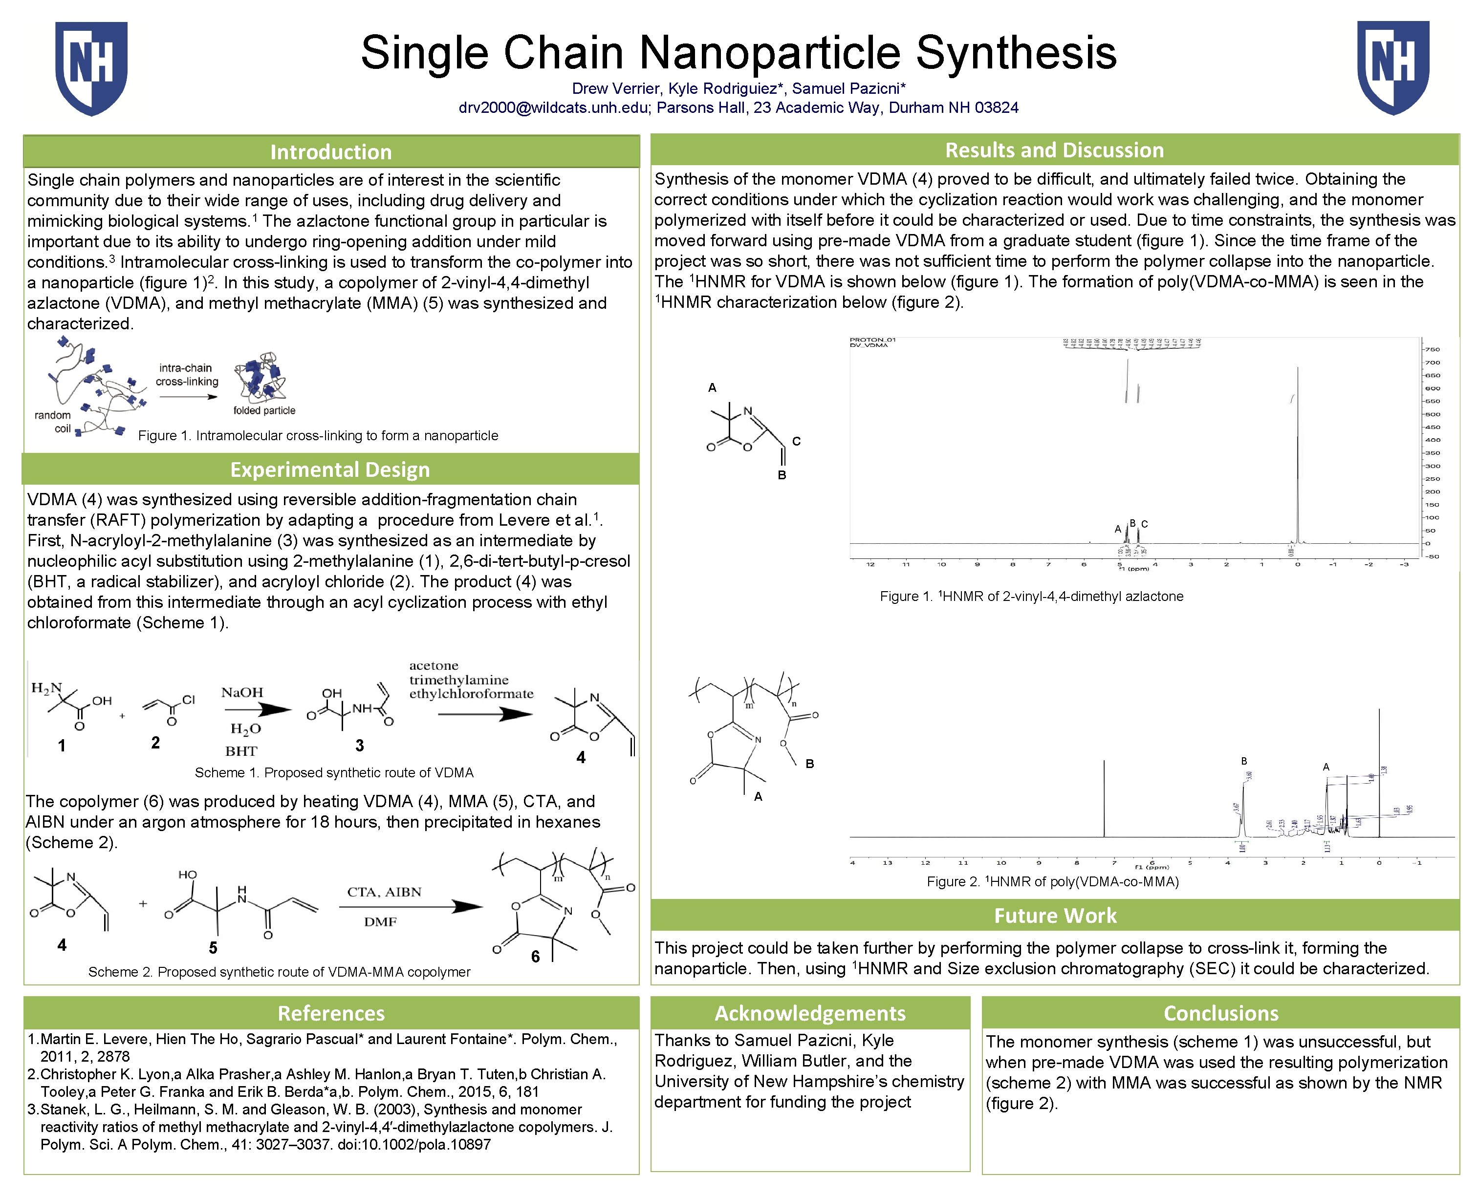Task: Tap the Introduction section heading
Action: (331, 151)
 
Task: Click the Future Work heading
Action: (1055, 915)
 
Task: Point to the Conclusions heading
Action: (1220, 1013)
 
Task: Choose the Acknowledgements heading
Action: (810, 1013)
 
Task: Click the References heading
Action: (331, 1013)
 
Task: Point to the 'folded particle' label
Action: (264, 410)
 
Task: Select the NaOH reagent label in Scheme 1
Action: (242, 692)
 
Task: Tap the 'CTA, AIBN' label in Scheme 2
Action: (384, 892)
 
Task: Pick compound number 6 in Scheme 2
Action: (535, 956)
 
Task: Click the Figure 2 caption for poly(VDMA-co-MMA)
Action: (1052, 881)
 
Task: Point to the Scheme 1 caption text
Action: (334, 772)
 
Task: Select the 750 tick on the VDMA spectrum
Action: (1432, 349)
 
